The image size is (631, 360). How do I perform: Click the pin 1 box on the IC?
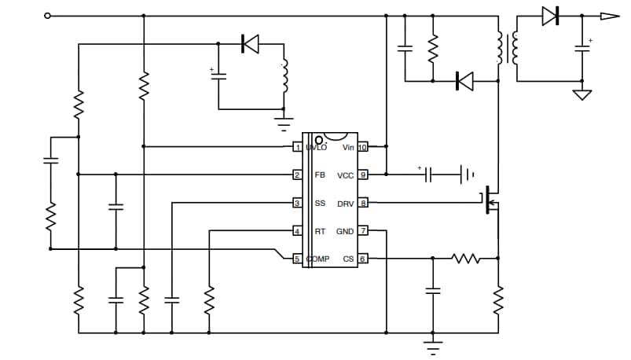tap(297, 147)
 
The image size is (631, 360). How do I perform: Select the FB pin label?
tap(320, 175)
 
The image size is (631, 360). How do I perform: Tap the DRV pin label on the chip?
tap(346, 204)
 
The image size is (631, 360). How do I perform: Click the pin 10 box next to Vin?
tap(363, 147)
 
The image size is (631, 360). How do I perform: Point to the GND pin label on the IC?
tap(345, 231)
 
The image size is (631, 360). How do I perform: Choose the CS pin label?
tap(348, 259)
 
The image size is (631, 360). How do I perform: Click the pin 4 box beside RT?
tap(297, 231)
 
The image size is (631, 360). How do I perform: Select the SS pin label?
tap(320, 204)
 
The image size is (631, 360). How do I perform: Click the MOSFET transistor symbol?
tap(490, 203)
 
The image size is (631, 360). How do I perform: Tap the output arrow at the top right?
tap(610, 16)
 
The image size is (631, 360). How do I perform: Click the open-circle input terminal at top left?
tap(49, 16)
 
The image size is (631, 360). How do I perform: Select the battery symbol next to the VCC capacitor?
tap(467, 174)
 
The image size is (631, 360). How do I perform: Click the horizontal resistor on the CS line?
tap(465, 258)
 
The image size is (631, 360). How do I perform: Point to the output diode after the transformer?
tap(550, 16)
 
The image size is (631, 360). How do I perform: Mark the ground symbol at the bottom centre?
tap(431, 343)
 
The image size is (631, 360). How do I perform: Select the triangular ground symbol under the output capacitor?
tap(582, 94)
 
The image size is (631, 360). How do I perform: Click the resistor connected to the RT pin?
tap(209, 299)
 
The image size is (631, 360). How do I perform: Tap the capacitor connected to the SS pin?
tap(171, 299)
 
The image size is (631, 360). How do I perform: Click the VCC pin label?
tap(346, 175)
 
